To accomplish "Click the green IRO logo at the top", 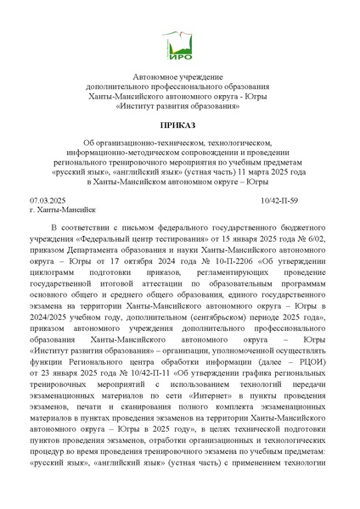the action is point(179,42).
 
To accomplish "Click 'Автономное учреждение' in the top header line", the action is point(179,77).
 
